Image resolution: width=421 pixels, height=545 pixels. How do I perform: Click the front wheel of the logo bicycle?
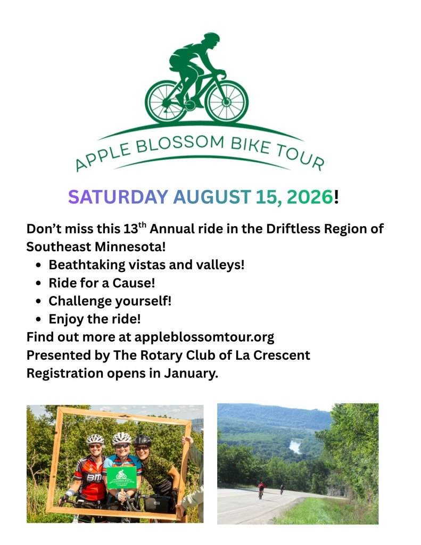[x=227, y=101]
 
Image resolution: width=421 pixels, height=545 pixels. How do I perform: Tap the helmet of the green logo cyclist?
[x=211, y=38]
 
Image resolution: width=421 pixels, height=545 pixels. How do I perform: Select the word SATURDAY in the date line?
[x=118, y=197]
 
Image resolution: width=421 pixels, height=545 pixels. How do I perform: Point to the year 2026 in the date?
[x=309, y=197]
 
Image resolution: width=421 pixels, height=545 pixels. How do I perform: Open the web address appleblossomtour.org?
[x=204, y=337]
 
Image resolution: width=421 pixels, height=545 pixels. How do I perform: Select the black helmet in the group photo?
[x=143, y=440]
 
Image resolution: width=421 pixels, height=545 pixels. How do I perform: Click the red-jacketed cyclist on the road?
[x=261, y=489]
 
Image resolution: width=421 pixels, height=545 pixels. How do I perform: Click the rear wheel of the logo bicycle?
[x=166, y=101]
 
